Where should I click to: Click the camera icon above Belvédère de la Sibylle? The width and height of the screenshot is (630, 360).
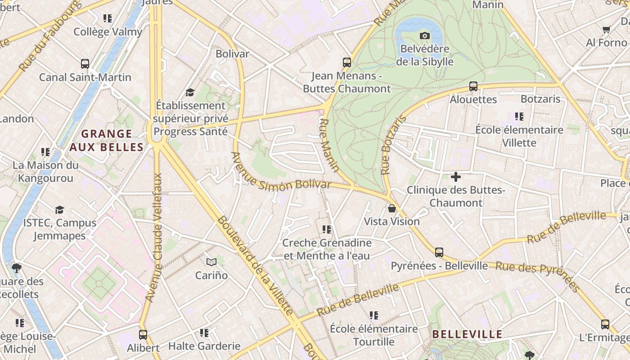[424, 36]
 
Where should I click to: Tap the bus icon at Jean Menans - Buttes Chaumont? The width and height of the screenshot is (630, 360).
[346, 63]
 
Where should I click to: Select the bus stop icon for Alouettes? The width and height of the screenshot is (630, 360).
[473, 86]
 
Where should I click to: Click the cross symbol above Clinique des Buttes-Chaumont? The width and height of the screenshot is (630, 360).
[455, 177]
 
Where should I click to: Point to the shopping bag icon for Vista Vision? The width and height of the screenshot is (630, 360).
[392, 208]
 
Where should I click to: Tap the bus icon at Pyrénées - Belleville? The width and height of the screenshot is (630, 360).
[439, 252]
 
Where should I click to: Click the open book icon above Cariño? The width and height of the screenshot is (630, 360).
[211, 262]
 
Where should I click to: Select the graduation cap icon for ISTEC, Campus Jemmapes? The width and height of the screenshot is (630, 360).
[59, 210]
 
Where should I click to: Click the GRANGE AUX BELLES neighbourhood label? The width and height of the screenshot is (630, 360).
[107, 140]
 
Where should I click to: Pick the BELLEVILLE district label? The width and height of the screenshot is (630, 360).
[467, 334]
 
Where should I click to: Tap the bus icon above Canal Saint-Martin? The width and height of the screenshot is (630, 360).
[85, 64]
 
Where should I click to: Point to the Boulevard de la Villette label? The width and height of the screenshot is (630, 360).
[256, 265]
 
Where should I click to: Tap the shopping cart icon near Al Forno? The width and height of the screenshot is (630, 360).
[606, 30]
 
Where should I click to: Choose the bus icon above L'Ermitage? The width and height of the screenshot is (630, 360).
[605, 324]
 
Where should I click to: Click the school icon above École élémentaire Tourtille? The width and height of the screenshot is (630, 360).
[374, 315]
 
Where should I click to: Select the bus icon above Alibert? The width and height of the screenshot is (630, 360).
[143, 335]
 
